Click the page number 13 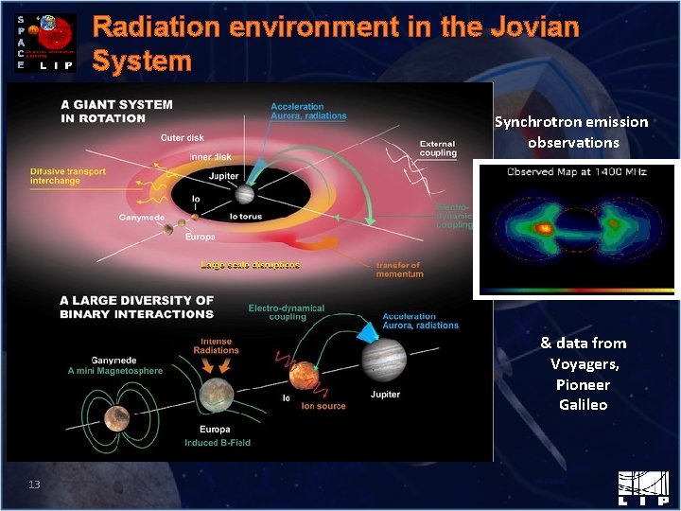coord(34,485)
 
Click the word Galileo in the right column coord(583,405)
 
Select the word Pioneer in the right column coord(583,384)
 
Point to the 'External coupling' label coord(438,149)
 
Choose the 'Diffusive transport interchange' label coord(69,177)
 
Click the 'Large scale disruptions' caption coord(250,265)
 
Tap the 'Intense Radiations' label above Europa coord(216,345)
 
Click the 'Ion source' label coord(323,406)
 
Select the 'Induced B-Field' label coord(218,443)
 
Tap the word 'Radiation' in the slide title coord(152,26)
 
